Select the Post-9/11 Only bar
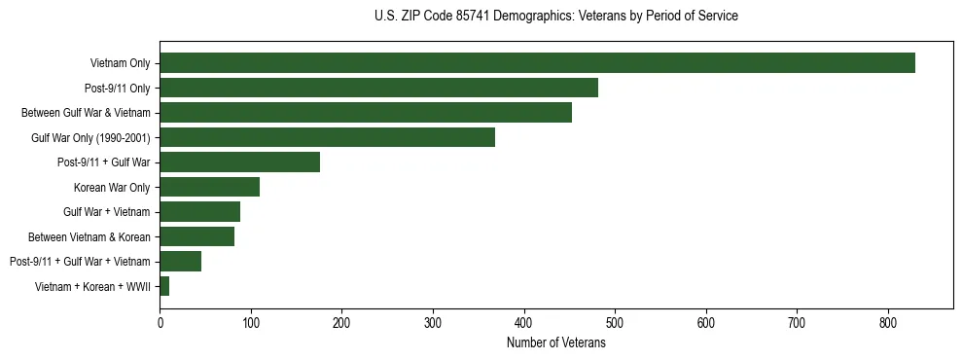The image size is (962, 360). pos(378,88)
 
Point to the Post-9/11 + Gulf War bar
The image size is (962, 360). pos(239,162)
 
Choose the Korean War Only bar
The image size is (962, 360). pos(209,187)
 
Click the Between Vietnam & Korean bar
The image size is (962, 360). pos(196,236)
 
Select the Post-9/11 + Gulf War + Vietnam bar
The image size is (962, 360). pos(180,261)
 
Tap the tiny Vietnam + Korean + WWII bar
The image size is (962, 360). pos(164,286)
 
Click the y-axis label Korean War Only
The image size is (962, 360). pos(112,187)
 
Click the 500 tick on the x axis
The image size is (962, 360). pos(615,322)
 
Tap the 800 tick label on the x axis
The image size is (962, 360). pos(888,322)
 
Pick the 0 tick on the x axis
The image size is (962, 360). pos(160,322)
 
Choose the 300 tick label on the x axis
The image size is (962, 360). pos(433,322)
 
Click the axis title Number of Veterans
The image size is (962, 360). pos(555,342)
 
